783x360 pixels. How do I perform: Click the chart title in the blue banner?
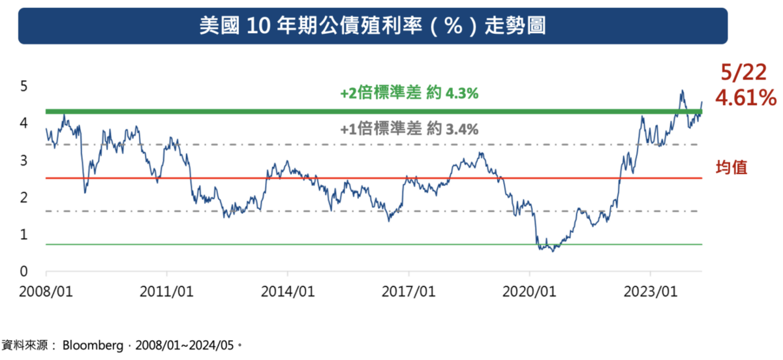coord(373,26)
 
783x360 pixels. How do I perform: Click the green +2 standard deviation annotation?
coord(409,94)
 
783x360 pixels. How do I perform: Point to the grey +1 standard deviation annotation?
coord(409,130)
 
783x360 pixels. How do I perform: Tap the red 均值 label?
coord(731,168)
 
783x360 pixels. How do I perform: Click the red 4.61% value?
coord(745,98)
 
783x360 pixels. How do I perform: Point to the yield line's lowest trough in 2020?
coord(553,251)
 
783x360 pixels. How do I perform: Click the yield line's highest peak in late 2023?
coord(682,91)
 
